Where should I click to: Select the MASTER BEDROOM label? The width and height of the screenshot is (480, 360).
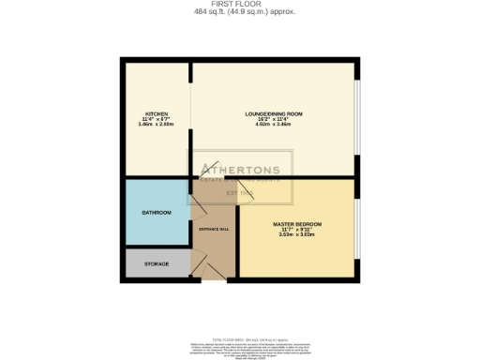tap(297, 225)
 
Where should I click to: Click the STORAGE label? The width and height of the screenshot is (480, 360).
tap(157, 264)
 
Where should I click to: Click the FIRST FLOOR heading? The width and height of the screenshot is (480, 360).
tap(240, 4)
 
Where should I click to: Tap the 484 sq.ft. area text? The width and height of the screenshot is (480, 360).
tap(240, 11)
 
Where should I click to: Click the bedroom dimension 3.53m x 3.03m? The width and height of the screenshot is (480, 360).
tap(297, 236)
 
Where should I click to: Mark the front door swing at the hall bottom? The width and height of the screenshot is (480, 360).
tap(214, 269)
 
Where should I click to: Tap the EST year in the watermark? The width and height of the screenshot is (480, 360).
tap(241, 193)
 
